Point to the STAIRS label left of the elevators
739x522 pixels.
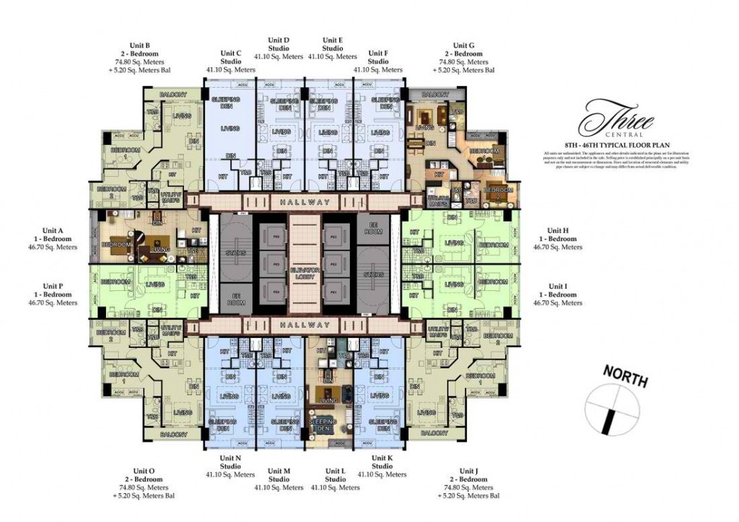click(235, 253)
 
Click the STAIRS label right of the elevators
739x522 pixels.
click(373, 274)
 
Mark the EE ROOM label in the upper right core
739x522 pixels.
click(373, 227)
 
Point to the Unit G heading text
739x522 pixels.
click(463, 45)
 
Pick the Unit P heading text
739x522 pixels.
click(53, 286)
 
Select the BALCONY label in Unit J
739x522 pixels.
click(434, 433)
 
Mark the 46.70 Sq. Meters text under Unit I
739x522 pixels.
click(557, 303)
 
